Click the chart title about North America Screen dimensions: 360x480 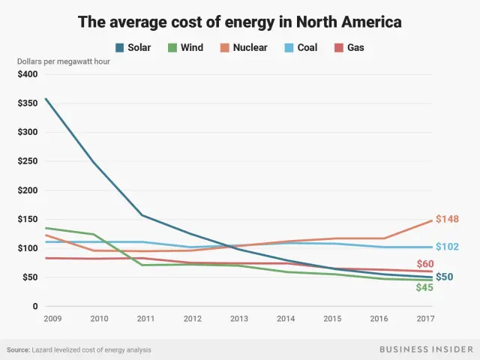tap(240, 22)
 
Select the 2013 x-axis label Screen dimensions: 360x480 tap(238, 319)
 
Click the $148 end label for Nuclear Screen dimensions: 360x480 tap(448, 220)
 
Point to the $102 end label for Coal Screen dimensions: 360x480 tap(448, 247)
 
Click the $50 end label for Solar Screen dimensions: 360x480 tap(445, 278)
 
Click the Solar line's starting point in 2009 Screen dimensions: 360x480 tap(46, 98)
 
